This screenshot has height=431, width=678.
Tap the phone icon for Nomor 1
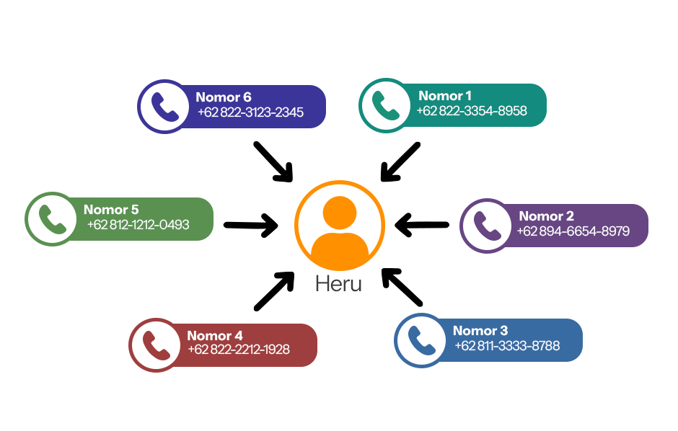pos(384,106)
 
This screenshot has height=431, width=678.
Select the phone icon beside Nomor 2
pos(485,225)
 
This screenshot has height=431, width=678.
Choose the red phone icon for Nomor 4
pos(154,345)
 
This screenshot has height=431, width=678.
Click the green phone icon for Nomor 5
pos(50,218)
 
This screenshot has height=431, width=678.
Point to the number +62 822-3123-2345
pos(250,112)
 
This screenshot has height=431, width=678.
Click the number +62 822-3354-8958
pos(472,111)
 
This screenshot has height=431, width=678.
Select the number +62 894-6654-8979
pos(573,231)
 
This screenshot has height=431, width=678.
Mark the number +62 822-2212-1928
pos(239,350)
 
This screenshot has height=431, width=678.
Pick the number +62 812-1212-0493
pos(138,225)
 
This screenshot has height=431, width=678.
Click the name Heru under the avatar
pos(338,284)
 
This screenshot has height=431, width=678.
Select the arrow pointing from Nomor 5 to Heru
pos(251,226)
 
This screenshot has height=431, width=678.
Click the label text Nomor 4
pos(215,336)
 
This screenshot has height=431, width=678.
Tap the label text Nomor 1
pos(445,96)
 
